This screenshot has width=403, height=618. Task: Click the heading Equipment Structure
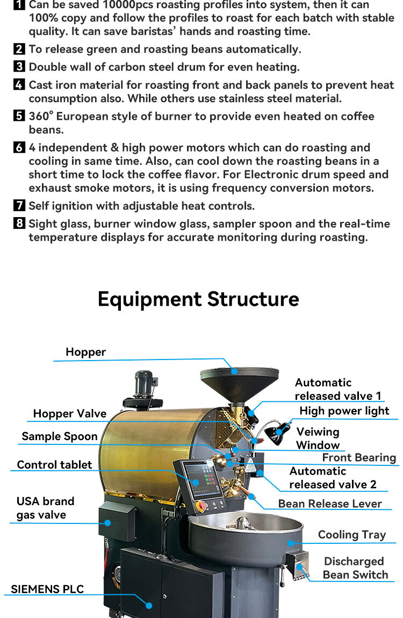coord(198,299)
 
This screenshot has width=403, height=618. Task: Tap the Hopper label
coord(85,352)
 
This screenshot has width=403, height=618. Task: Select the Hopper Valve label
coord(70,413)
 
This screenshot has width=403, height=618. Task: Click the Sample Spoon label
coord(60,436)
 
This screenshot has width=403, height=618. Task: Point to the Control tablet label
coord(54,465)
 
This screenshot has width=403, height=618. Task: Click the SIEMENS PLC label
coord(47,589)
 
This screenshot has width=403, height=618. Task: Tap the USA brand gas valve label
coord(45,508)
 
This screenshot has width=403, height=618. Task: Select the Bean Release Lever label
coord(330,504)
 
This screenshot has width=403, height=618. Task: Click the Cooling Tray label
coord(352,534)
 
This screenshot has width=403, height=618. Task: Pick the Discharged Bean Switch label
coord(355,568)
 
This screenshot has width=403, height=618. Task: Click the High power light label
coord(344,411)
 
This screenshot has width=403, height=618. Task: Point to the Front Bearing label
coord(359,457)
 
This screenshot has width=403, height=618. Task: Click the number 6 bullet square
coord(19,148)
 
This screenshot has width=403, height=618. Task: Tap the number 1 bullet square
coord(19,5)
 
